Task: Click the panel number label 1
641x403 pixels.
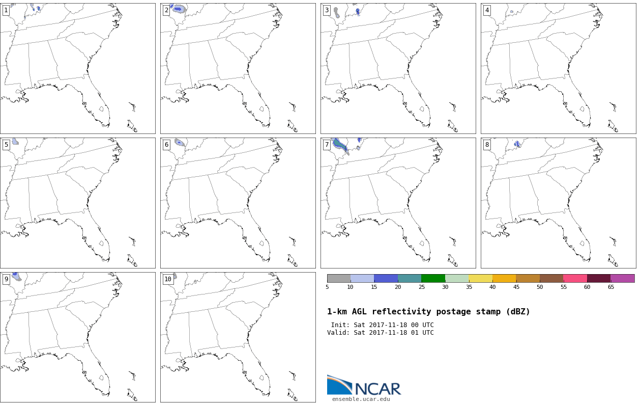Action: (6, 10)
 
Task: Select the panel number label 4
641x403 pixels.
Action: (487, 10)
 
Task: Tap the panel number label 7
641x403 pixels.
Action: (327, 145)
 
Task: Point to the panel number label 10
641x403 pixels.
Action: (168, 279)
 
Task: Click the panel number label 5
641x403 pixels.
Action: (6, 145)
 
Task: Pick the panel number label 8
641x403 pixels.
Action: (487, 145)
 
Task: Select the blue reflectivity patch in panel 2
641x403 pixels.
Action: (178, 9)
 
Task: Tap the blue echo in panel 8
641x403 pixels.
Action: (517, 144)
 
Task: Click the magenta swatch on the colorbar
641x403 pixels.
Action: (623, 278)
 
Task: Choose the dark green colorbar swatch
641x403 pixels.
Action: (433, 278)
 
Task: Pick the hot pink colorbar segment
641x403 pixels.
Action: (575, 278)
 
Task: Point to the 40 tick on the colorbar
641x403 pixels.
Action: (492, 287)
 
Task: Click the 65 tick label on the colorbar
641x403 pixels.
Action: (610, 287)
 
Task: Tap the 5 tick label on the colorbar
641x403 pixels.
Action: (327, 287)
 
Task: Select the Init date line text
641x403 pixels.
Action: (382, 325)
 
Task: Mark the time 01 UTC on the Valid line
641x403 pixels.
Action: (422, 333)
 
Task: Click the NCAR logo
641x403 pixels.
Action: (364, 386)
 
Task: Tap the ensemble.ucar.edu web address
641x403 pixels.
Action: (361, 399)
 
